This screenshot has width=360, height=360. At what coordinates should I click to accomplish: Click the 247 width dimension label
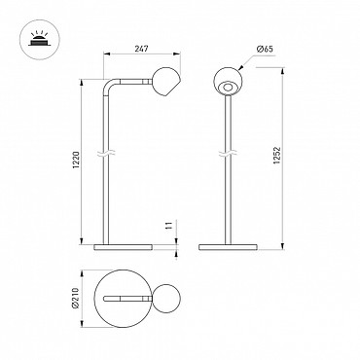pyautogui.click(x=141, y=49)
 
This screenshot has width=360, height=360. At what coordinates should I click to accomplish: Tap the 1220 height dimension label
pyautogui.click(x=76, y=161)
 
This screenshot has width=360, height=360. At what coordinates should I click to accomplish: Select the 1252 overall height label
pyautogui.click(x=277, y=156)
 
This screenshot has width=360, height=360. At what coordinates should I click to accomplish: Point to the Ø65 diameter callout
pyautogui.click(x=265, y=50)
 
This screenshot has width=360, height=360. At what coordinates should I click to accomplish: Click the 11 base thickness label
pyautogui.click(x=168, y=226)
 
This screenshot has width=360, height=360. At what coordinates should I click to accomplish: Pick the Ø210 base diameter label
pyautogui.click(x=75, y=298)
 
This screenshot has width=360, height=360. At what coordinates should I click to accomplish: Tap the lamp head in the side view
pyautogui.click(x=165, y=82)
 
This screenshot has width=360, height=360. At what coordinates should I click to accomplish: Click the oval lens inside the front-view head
pyautogui.click(x=228, y=88)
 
